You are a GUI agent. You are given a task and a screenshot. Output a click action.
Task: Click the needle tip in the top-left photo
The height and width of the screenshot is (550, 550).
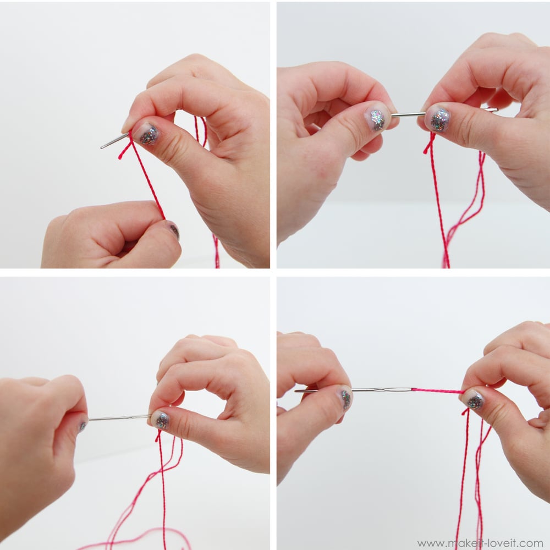[x=102, y=147]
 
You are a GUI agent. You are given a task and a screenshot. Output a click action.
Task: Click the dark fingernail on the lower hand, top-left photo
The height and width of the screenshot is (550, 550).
[x=174, y=231]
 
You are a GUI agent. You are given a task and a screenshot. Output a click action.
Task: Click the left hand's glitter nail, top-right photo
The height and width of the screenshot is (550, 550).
[x=376, y=119]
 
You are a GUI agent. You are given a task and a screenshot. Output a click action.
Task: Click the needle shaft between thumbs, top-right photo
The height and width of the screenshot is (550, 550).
[x=407, y=114]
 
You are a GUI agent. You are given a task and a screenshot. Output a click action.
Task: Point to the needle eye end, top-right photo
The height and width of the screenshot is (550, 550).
[x=491, y=110]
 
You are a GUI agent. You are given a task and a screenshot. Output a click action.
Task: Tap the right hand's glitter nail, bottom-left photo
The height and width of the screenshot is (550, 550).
[x=162, y=421]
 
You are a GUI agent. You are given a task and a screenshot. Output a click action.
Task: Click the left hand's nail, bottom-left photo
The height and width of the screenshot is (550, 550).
[x=82, y=425]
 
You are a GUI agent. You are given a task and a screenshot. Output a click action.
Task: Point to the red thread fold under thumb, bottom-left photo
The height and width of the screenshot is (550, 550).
[x=158, y=435]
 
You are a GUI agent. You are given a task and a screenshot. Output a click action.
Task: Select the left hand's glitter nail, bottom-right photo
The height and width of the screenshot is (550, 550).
[x=346, y=399]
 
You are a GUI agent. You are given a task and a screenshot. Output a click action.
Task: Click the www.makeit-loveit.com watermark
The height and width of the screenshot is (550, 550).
[x=480, y=543]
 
